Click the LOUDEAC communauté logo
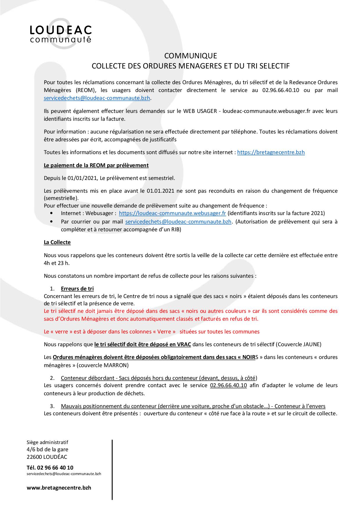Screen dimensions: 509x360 pos(61,34)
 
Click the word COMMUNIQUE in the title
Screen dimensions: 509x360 pos(190,55)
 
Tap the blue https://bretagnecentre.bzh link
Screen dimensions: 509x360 pos(271,152)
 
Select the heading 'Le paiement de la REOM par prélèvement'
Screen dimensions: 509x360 pos(96,165)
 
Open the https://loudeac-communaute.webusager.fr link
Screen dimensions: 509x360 pos(172,213)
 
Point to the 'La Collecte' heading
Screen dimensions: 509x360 pos(57,242)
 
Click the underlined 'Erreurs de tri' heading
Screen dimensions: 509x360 pos(77,288)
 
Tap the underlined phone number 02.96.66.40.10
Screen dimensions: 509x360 pos(228,385)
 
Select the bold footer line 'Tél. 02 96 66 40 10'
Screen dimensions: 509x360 pos(50,468)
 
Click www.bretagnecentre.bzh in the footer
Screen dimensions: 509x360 pos(59,488)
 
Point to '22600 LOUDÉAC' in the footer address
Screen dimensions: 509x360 pos(47,457)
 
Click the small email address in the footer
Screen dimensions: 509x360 pos(64,474)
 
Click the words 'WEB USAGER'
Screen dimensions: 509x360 pos(200,111)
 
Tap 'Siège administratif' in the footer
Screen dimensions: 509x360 pos(47,442)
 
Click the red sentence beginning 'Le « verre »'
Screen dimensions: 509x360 pos(152,331)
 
